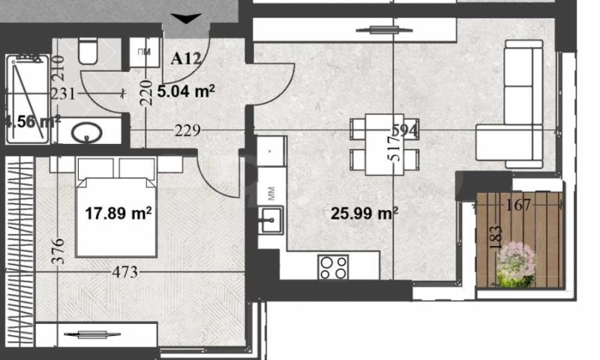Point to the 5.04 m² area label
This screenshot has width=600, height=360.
[x=187, y=91]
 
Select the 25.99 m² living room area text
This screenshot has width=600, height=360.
[x=364, y=213]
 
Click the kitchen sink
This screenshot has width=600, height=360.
[x=269, y=222]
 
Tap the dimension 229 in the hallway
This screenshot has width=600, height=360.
[x=187, y=130]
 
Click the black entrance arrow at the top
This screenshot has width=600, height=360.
[x=185, y=18]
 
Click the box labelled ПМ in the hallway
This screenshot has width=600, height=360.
[x=143, y=52]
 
